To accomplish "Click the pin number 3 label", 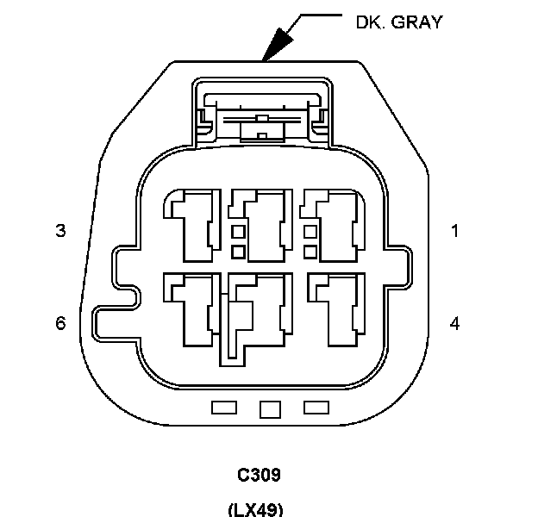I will click(60, 231).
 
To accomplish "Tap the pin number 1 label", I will click(454, 231).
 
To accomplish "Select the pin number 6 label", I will click(60, 323).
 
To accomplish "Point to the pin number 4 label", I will click(454, 323).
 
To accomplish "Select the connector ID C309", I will click(260, 476).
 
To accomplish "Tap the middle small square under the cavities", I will click(271, 408).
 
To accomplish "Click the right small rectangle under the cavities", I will click(316, 407).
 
